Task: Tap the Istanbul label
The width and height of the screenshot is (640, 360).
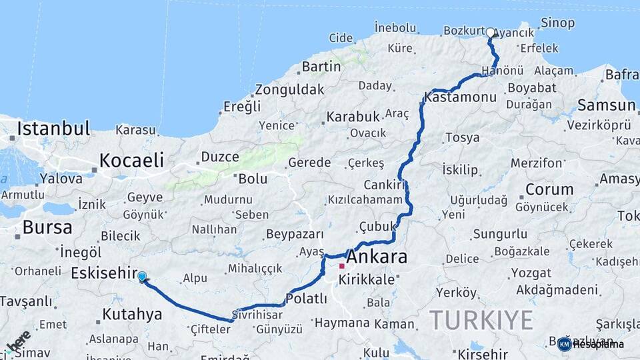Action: click(x=53, y=128)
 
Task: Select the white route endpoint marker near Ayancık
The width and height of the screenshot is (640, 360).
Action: click(x=491, y=33)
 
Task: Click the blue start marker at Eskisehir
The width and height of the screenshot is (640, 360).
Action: click(x=142, y=276)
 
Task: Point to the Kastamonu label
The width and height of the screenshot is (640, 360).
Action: click(x=461, y=97)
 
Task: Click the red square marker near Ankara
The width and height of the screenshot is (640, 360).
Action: click(x=342, y=266)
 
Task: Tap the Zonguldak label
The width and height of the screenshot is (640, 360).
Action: click(x=289, y=89)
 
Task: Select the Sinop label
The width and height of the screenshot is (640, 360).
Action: click(x=557, y=23)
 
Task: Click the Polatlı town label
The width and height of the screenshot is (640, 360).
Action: click(x=306, y=299)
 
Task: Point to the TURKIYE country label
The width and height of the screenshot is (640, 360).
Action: click(x=481, y=320)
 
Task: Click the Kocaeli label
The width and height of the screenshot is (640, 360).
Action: click(x=131, y=160)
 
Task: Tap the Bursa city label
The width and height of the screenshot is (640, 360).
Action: click(x=47, y=227)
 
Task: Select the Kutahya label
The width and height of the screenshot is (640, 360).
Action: click(x=133, y=314)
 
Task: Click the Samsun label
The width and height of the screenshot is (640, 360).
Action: click(x=606, y=105)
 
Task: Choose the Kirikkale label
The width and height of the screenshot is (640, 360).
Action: click(x=367, y=280)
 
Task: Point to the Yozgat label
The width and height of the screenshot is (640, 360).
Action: click(x=531, y=273)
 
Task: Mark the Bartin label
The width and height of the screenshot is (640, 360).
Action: click(x=321, y=67)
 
